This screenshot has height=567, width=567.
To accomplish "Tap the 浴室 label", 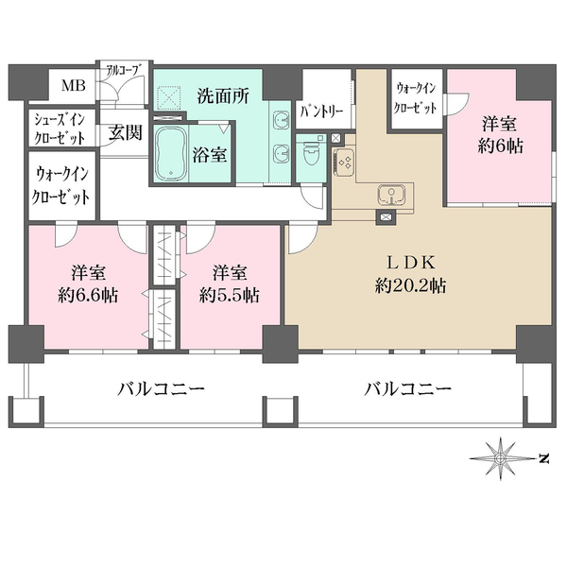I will point(211,155).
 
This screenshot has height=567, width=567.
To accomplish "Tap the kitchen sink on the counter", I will point(390,197).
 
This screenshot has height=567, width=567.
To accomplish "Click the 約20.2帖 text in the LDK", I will point(410,285).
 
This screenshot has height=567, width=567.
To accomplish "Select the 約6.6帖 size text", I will point(87,295).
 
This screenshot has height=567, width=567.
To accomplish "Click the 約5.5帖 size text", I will point(230,295).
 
